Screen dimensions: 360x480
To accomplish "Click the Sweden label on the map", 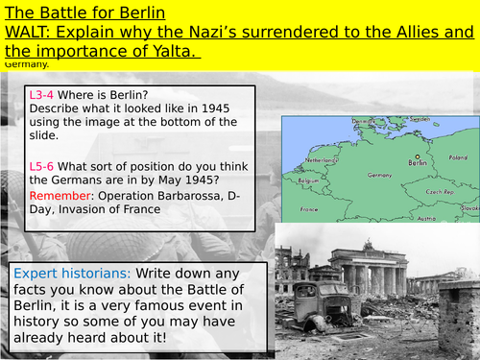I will coord(419,120).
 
